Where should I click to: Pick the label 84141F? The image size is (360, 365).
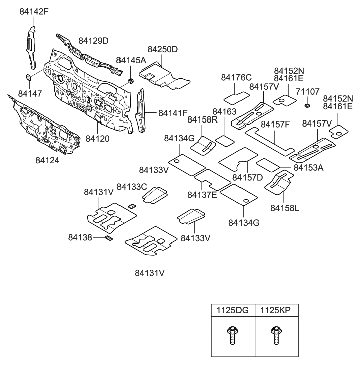pos(173,113)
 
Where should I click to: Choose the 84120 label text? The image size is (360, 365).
pos(98,138)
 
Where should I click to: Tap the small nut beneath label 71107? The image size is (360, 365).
pos(307,105)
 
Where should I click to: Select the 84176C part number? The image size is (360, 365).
pos(236,77)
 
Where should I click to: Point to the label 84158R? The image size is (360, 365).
pos(203,119)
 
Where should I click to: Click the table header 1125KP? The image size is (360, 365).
pos(275,311)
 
